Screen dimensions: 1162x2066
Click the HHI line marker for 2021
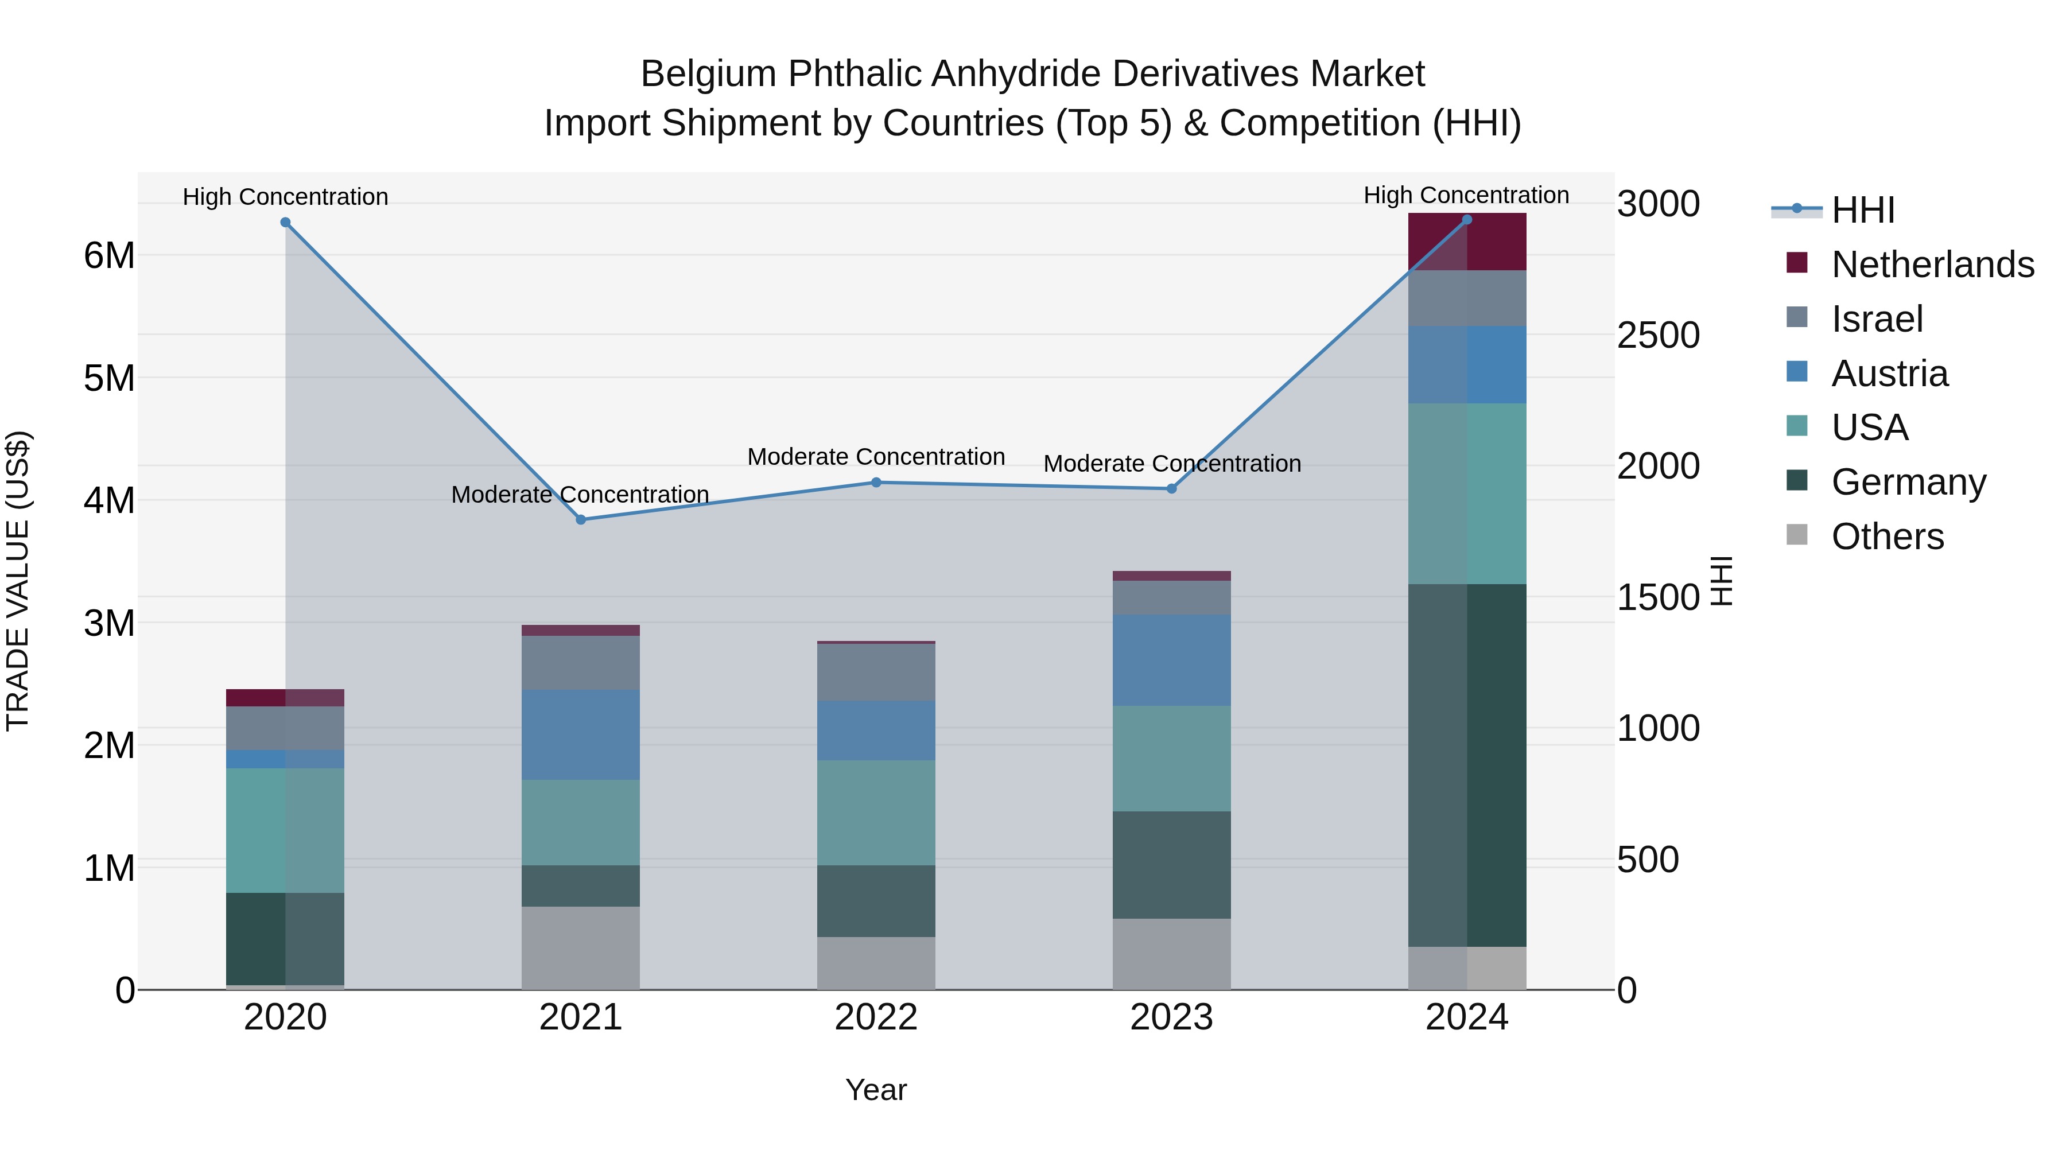(x=581, y=520)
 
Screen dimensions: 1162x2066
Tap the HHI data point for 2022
(x=876, y=483)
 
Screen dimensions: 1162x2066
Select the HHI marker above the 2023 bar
(x=1171, y=488)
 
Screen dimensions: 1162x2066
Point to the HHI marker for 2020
(x=286, y=222)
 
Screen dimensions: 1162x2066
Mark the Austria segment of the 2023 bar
(x=1171, y=660)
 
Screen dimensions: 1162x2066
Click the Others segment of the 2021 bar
(x=581, y=948)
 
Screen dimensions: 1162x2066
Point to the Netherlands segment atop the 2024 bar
(x=1467, y=242)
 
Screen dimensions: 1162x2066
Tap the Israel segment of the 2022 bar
(x=876, y=672)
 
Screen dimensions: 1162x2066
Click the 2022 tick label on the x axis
(x=876, y=1017)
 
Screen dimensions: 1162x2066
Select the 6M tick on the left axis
(x=109, y=256)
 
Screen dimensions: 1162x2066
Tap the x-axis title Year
(x=876, y=1090)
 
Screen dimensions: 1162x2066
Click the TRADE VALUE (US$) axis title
(x=18, y=581)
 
